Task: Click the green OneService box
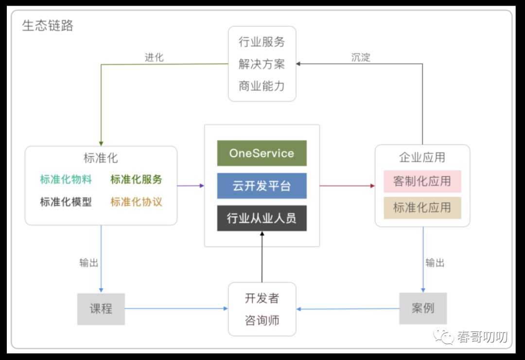coord(262,153)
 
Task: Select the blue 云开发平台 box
coord(262,186)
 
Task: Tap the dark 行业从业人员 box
coord(262,218)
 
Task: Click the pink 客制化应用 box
coord(422,181)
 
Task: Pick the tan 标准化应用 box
coord(422,208)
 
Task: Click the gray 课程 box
coord(101,308)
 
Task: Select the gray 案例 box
coord(422,308)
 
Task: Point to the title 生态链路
coord(48,26)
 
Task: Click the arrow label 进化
coord(154,57)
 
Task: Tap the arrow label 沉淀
coord(361,57)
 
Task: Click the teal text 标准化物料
coord(66,180)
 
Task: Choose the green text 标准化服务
coord(136,180)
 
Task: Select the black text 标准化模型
coord(66,202)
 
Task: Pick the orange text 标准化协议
coord(136,202)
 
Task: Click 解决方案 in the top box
coord(262,64)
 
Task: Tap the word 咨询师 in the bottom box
coord(262,321)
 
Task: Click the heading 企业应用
coord(422,158)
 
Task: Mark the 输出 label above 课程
coord(89,263)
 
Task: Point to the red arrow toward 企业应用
coord(347,185)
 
